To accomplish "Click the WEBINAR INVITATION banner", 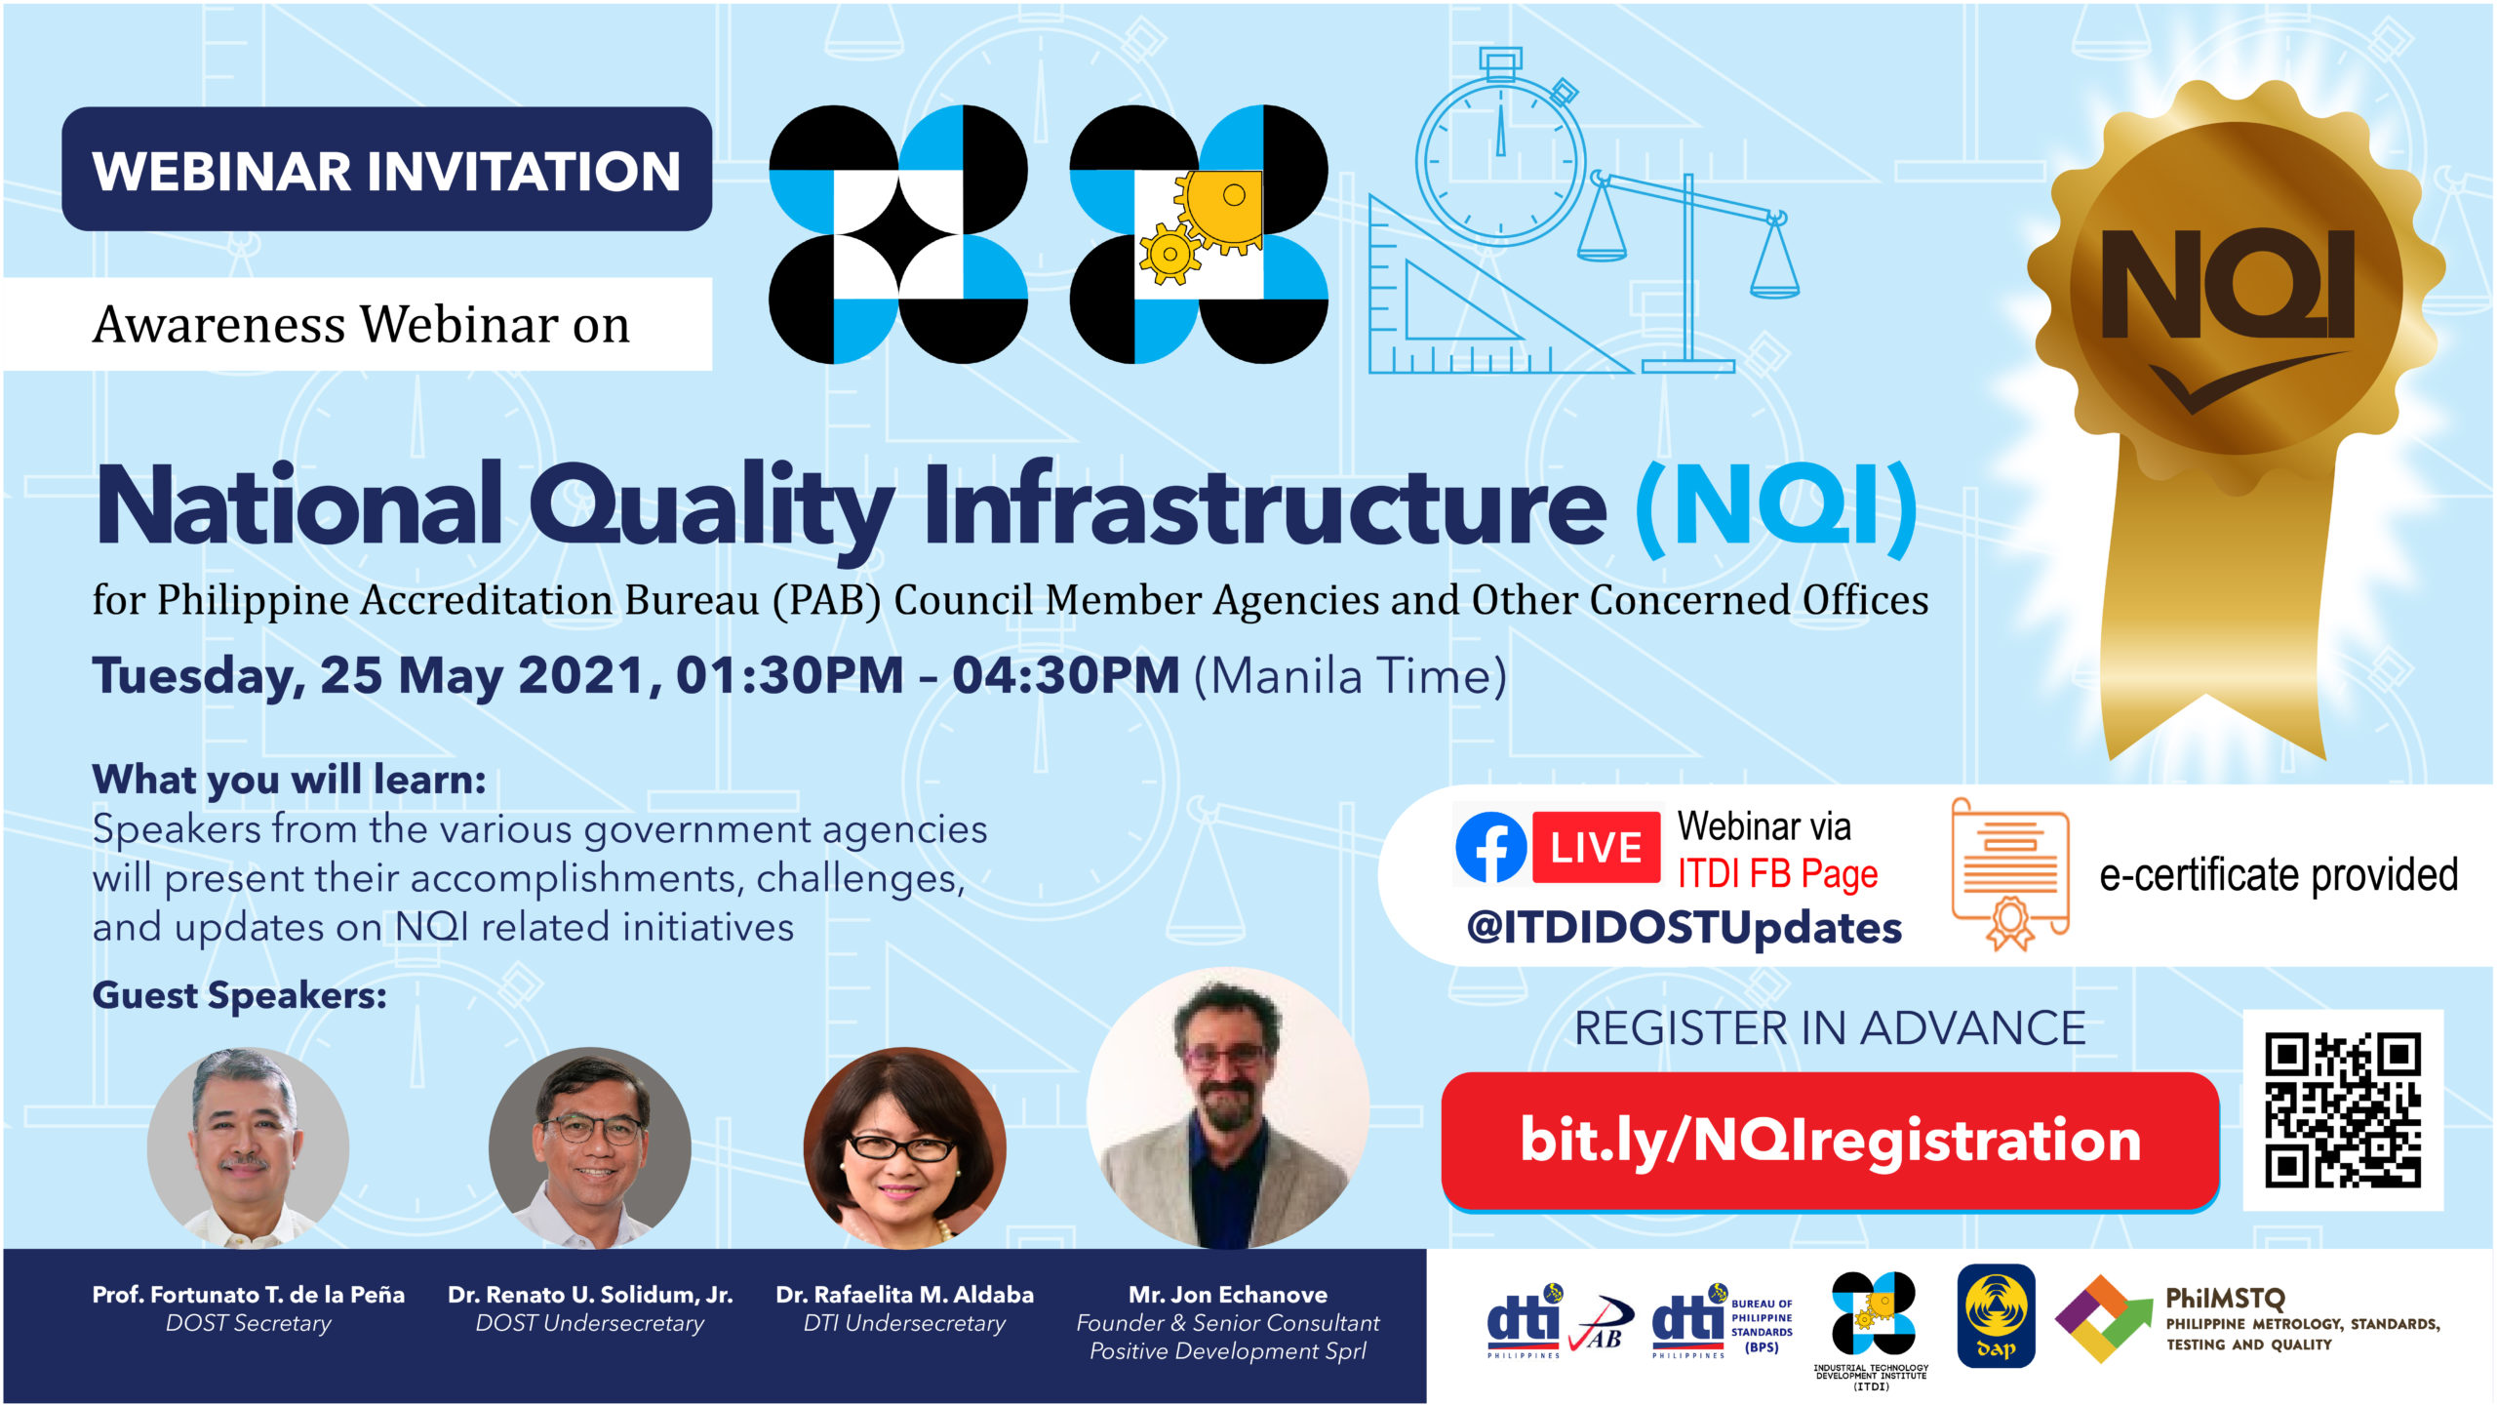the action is click(x=386, y=169).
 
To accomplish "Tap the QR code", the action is click(x=2343, y=1110).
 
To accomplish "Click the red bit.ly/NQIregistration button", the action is click(x=1831, y=1141).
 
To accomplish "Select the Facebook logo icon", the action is click(x=1491, y=847).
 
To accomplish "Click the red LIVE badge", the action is click(x=1596, y=847).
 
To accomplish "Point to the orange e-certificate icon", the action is click(x=2010, y=874).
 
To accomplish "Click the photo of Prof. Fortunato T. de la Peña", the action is click(x=248, y=1147).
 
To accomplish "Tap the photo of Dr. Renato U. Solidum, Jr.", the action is click(x=589, y=1147).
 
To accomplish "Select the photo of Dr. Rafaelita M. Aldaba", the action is click(x=904, y=1147).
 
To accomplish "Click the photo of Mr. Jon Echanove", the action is click(x=1228, y=1108).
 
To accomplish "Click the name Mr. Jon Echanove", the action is click(x=1228, y=1295).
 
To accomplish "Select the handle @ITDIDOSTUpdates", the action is click(x=1684, y=928).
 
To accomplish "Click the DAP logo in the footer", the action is click(x=1996, y=1316).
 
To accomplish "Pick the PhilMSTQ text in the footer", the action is click(x=2225, y=1299).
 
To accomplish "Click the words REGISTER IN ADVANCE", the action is click(x=1830, y=1028).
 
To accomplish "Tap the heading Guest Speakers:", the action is click(x=239, y=996).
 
